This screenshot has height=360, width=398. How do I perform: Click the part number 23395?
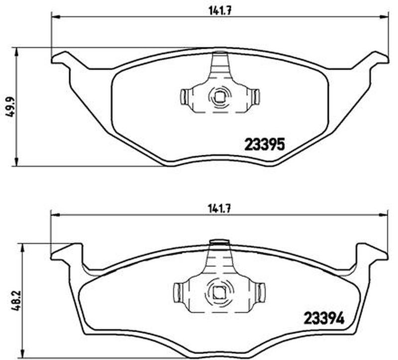[x=265, y=145]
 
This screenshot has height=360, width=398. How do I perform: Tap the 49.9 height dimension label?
[x=11, y=107]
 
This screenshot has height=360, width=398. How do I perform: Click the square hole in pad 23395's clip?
[x=219, y=96]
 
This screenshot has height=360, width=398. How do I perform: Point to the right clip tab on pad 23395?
[x=256, y=97]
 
